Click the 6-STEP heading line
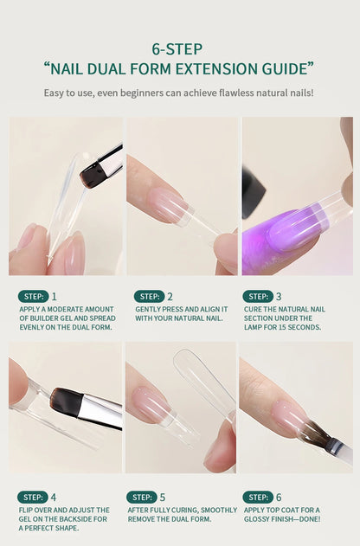coord(177,49)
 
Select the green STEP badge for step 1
coord(34,296)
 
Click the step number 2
coord(170,297)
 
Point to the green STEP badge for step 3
coord(258,296)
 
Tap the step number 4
coord(54,498)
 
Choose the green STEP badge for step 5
coord(142,498)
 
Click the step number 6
coord(279,498)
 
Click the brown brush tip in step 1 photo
coord(91,175)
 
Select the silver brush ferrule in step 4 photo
coord(100,412)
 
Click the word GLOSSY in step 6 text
coord(259,519)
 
